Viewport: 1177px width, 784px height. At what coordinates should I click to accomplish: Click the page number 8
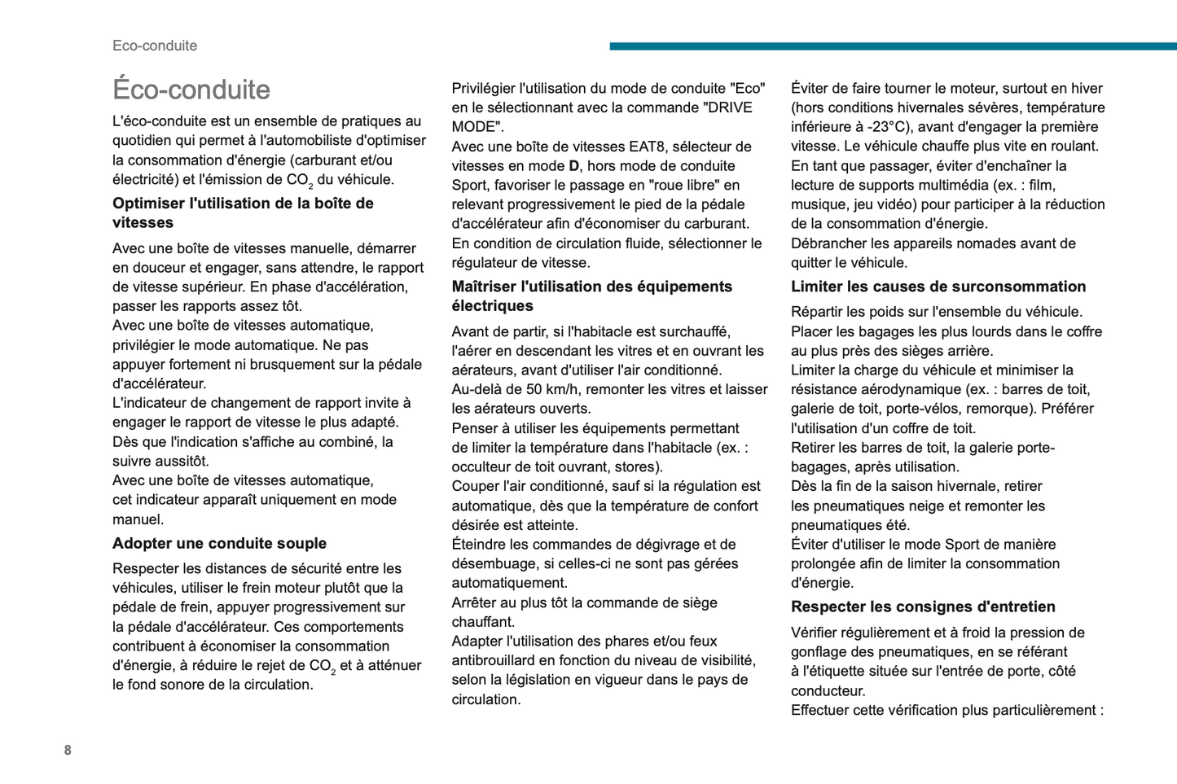pos(68,750)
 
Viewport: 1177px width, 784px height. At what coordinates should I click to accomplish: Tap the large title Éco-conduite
pos(191,90)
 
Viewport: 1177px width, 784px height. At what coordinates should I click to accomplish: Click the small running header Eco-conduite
pos(155,46)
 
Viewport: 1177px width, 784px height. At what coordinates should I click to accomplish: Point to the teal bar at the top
pos(893,46)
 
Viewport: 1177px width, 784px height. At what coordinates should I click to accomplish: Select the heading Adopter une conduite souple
pos(219,543)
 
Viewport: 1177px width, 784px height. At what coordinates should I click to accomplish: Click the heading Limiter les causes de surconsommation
pos(938,287)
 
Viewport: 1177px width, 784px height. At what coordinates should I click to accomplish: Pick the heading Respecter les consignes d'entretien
pos(923,607)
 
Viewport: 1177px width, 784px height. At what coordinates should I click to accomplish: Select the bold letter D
pos(573,166)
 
